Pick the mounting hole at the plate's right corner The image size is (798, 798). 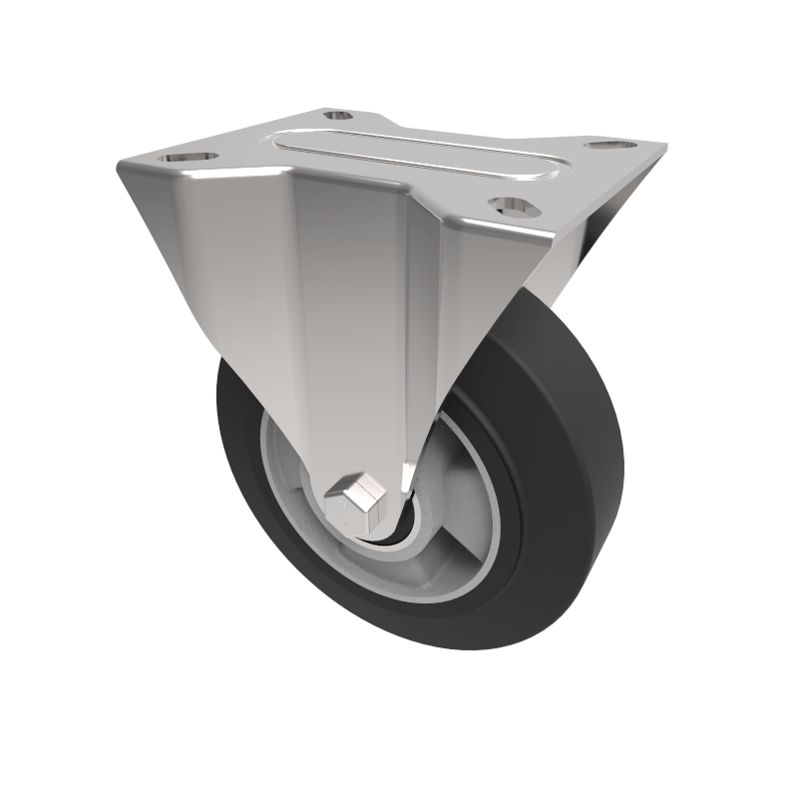click(603, 146)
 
